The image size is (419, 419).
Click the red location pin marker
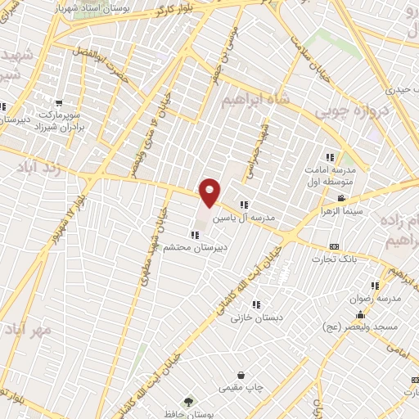(x=210, y=191)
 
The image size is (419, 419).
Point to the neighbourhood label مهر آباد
(x=27, y=328)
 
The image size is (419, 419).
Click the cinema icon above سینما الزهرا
(x=340, y=199)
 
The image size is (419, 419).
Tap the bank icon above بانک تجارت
(x=334, y=246)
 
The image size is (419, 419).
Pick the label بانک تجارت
(x=334, y=259)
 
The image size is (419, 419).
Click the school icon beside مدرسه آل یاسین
(x=243, y=205)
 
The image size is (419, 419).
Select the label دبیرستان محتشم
(x=189, y=246)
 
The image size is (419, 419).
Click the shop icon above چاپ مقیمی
(x=241, y=375)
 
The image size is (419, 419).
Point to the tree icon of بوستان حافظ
(x=189, y=402)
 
